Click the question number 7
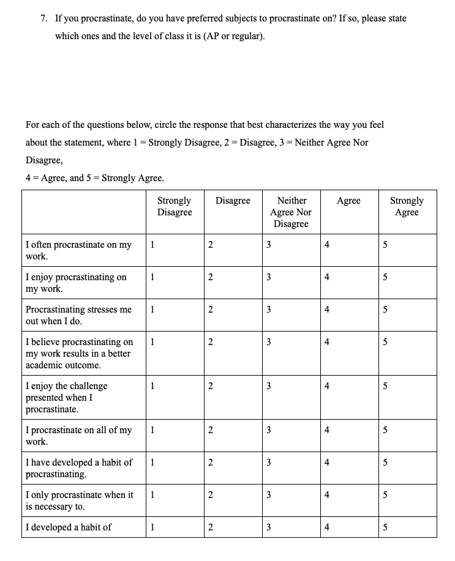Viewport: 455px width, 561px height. (x=44, y=18)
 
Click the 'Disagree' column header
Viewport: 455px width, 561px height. (x=233, y=201)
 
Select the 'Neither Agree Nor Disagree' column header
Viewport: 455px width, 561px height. (x=291, y=212)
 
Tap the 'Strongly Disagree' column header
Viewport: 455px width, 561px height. (x=175, y=206)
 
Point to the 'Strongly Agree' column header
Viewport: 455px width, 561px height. (x=407, y=206)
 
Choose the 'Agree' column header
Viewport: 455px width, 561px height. (x=348, y=201)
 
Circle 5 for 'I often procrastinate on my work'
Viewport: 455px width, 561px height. (x=385, y=245)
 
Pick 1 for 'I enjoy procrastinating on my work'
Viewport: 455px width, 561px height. (x=152, y=277)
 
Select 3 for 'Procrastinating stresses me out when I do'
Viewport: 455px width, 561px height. (x=268, y=310)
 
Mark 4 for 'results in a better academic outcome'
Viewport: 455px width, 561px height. (x=327, y=342)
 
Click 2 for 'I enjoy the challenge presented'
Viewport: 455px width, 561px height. (x=210, y=386)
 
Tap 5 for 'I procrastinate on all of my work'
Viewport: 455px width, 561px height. (x=385, y=430)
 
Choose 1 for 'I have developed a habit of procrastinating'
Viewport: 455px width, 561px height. (x=152, y=463)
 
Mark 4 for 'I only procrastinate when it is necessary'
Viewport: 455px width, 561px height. (x=327, y=495)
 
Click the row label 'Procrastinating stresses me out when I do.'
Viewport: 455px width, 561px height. (x=78, y=315)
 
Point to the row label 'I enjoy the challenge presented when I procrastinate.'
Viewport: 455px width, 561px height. (x=66, y=397)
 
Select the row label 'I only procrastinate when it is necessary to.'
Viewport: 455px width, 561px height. (x=79, y=500)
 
